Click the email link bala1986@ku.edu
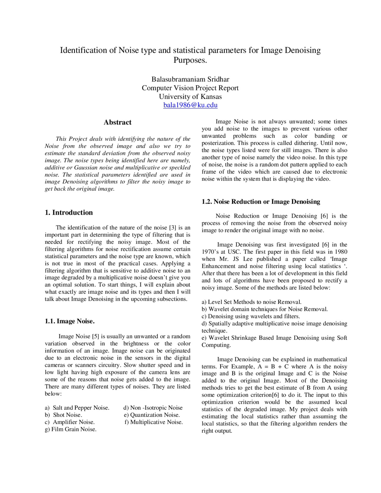coord(190,105)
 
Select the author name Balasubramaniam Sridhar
coord(190,79)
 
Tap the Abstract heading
coord(117,122)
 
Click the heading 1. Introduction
coord(69,213)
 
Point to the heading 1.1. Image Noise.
coord(70,321)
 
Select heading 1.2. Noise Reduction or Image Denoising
coord(261,202)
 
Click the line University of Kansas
coord(190,96)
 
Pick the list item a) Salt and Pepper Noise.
coord(77,408)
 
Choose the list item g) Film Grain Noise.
coord(71,429)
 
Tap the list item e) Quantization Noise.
coord(152,415)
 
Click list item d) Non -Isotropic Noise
coord(153,408)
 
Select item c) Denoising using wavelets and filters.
coord(251,316)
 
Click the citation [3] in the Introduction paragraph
coord(173,228)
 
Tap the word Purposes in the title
coord(190,60)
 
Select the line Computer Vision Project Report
coord(190,88)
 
